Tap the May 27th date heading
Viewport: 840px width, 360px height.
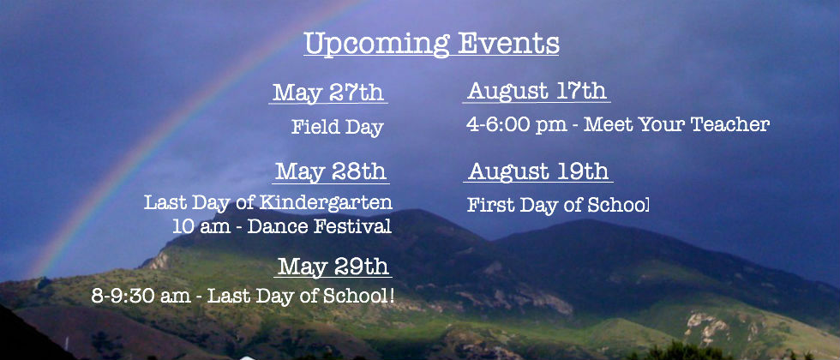[328, 93]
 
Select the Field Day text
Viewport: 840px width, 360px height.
[338, 128]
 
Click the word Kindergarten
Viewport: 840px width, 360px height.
[326, 202]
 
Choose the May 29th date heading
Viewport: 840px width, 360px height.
[333, 267]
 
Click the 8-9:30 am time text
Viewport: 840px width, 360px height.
[140, 296]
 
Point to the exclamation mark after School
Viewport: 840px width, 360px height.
[393, 296]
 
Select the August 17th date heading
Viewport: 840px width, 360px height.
[537, 91]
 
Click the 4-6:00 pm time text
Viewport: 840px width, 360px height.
[516, 125]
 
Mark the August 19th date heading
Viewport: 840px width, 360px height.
[538, 171]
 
